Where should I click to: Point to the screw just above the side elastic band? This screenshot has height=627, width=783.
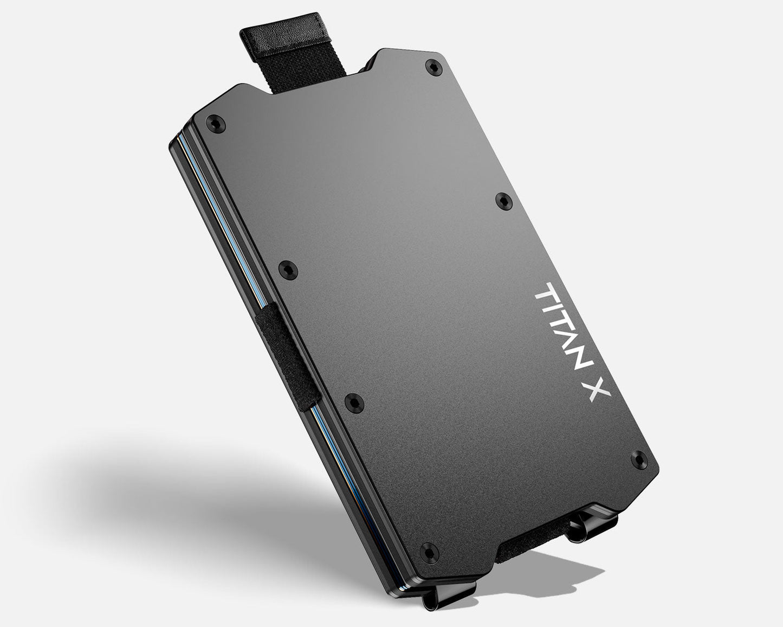[287, 267]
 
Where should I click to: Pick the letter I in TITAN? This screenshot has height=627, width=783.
[553, 305]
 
